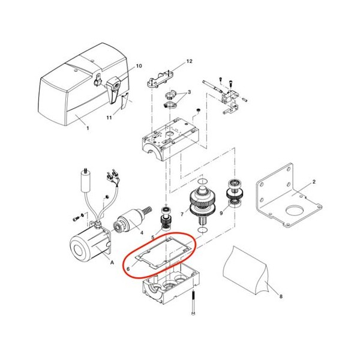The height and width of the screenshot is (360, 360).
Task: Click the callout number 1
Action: coord(88,128)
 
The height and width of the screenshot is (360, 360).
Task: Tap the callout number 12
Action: coord(189,61)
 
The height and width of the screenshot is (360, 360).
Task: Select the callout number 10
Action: coord(139,66)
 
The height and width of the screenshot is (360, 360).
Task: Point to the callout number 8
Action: coord(281,296)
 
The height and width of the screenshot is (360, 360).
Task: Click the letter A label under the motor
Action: coord(112,262)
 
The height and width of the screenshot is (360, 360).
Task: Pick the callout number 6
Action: coord(128,269)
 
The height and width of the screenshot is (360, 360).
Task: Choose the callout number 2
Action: coord(314,182)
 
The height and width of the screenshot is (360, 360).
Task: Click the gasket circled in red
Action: coord(163,253)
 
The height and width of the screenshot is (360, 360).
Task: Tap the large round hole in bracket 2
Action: coord(295,209)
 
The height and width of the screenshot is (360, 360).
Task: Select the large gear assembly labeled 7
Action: coord(202,202)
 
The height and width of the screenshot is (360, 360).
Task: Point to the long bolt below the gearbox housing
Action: coord(193,302)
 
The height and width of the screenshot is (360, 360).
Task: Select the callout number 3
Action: coord(189,92)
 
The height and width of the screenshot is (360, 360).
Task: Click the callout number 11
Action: coord(109,118)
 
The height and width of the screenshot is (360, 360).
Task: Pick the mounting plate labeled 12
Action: coord(160,79)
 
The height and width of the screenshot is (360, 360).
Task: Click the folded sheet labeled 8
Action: coord(247,271)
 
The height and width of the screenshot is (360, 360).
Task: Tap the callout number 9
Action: coord(221,213)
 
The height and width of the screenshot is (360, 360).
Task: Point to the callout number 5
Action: coord(153,237)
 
